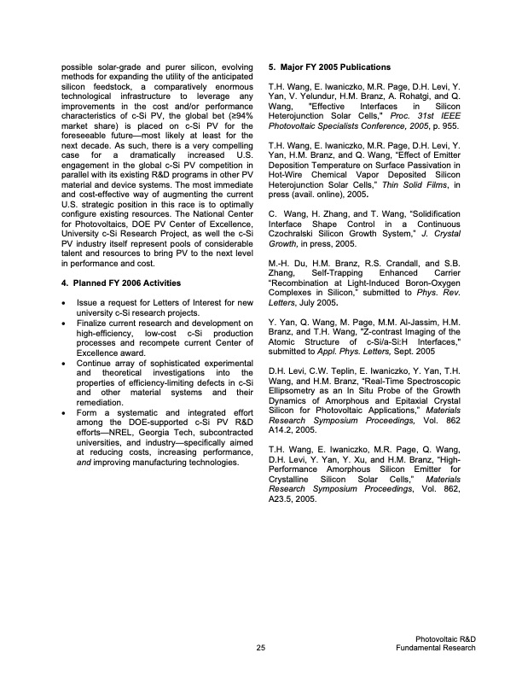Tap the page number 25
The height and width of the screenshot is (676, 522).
[260, 649]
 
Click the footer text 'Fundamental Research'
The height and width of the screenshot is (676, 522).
[436, 649]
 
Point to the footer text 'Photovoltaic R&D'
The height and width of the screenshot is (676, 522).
[444, 639]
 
